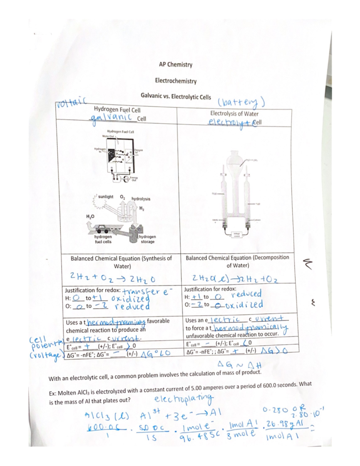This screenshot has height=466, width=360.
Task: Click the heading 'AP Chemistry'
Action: click(175, 65)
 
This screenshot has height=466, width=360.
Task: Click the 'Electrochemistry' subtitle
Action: click(176, 81)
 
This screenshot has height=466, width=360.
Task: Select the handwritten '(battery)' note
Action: click(241, 103)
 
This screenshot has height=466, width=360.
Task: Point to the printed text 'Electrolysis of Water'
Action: click(234, 113)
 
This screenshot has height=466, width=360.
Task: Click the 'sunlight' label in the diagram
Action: click(106, 197)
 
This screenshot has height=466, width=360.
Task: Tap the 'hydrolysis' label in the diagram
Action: click(141, 199)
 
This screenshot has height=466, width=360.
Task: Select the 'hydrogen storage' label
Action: click(147, 239)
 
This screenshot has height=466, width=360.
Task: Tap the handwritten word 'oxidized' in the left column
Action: click(130, 299)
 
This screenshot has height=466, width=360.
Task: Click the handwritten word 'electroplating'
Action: click(184, 399)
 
